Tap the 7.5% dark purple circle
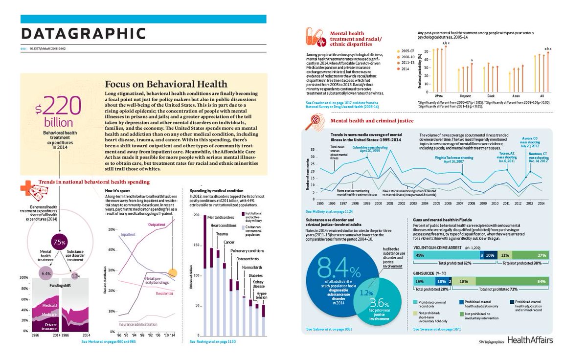pos(59,242)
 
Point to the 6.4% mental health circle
pos(46,273)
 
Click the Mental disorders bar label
pos(220,217)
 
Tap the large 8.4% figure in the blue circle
pos(339,267)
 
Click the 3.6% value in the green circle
pos(379,304)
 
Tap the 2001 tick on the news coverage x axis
pos(389,203)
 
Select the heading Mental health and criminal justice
pos(372,120)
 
